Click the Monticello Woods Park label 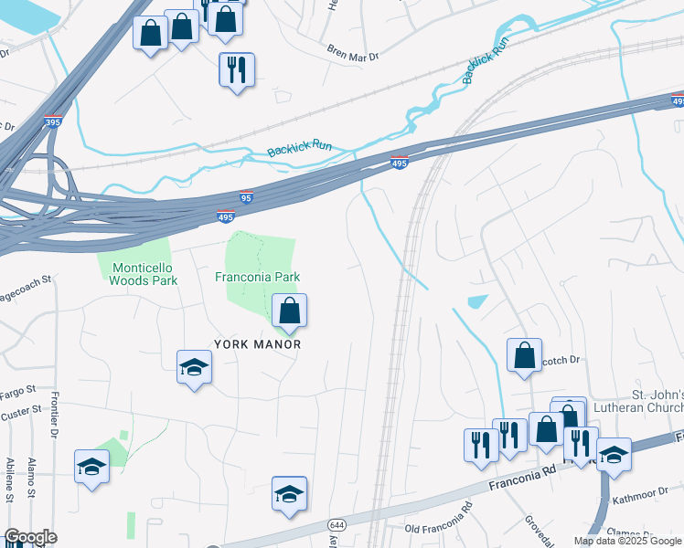(x=143, y=274)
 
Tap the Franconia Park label (x=257, y=278)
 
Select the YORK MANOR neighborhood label (x=257, y=344)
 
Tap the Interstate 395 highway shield (x=52, y=121)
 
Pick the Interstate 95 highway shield (x=245, y=196)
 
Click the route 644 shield (x=337, y=526)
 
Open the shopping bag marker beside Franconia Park (x=289, y=311)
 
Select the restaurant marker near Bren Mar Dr (x=237, y=69)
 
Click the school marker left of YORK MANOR (x=193, y=369)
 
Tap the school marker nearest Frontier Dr (x=91, y=468)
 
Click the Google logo (x=29, y=537)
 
